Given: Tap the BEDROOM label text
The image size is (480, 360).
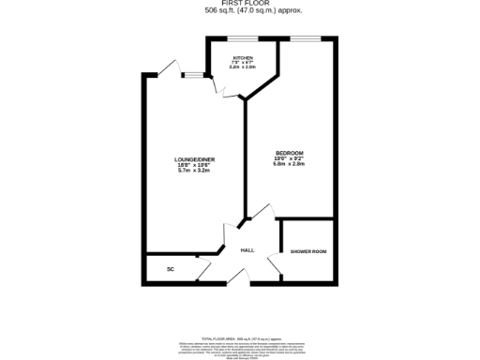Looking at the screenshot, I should coord(289,153).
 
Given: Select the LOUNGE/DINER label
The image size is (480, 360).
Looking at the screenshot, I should coord(194,159).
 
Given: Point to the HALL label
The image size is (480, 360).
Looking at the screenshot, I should coord(247,250).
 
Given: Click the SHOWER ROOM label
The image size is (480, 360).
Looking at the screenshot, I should coord(307,251).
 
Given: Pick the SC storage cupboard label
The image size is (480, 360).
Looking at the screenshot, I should coord(171,269).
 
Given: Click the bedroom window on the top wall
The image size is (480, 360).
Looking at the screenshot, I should coord(305,38).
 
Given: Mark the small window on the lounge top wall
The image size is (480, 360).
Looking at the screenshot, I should coord(193,74).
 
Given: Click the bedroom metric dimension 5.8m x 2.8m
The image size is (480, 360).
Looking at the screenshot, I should coord(289,166).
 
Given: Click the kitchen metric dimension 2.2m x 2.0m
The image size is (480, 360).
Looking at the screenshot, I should coord(242,68).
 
